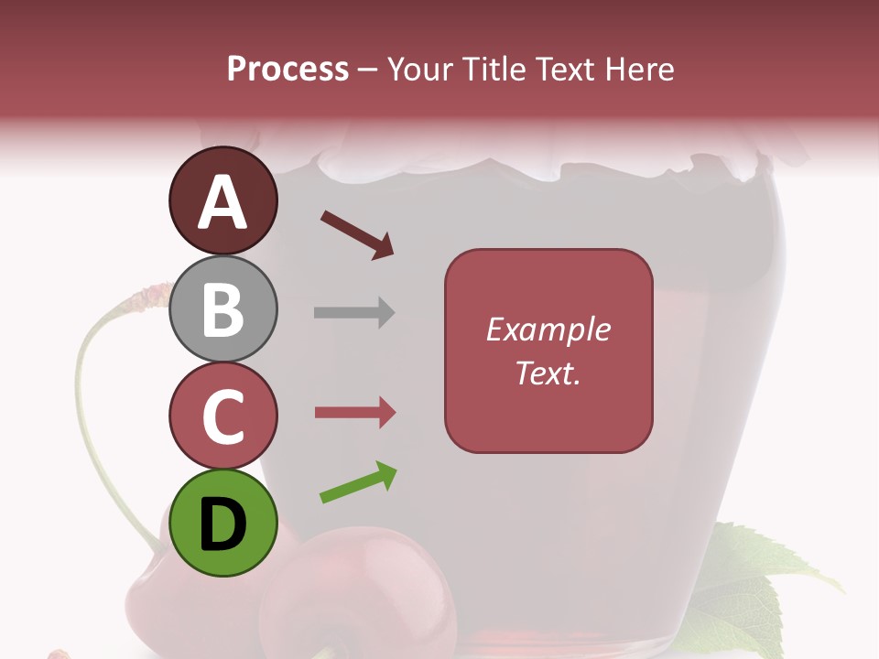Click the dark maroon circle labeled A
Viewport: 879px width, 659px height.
coord(222,201)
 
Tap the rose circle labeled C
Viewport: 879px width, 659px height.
coord(222,416)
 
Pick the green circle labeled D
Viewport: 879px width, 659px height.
coord(222,523)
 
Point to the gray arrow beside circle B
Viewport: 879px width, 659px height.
coord(353,312)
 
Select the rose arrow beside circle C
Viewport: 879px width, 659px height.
coord(354,413)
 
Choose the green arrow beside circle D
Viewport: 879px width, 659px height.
coord(358,482)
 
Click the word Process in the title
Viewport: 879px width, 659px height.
coord(288,70)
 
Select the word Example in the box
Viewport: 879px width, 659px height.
coord(548,329)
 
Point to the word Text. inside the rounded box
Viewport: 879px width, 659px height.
coord(548,373)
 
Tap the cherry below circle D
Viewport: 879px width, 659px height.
coord(357,595)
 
